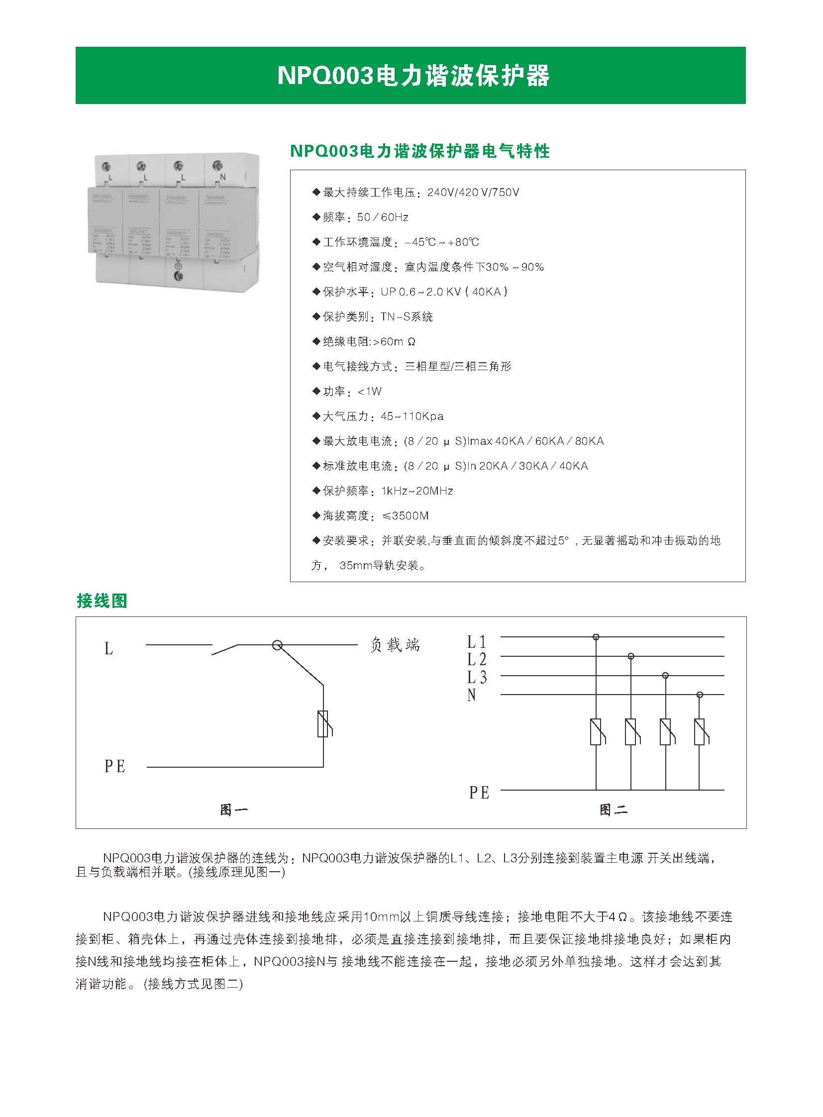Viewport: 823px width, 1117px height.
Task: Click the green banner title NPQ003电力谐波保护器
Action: click(413, 76)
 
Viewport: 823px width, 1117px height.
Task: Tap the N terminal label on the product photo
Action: click(223, 177)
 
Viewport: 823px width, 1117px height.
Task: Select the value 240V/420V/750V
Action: click(473, 193)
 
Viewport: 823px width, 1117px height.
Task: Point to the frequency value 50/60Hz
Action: click(383, 217)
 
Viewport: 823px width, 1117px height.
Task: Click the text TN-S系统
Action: click(407, 317)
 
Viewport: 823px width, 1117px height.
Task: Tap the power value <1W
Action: click(370, 392)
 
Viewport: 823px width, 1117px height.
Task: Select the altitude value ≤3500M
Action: click(405, 516)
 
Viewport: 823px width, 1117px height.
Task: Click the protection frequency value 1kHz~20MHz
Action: click(417, 491)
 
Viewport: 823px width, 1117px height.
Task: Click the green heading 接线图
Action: click(102, 601)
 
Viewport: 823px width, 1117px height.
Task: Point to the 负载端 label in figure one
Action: click(395, 645)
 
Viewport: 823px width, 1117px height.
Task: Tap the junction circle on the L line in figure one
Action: click(277, 646)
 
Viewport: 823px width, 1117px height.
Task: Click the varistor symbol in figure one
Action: click(323, 724)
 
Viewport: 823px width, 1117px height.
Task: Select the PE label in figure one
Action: click(114, 766)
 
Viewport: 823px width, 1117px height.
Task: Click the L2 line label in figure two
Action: click(476, 660)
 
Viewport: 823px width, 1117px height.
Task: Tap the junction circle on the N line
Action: click(700, 695)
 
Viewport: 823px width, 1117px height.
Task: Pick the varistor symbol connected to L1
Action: click(596, 732)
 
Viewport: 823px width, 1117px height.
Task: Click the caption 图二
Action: click(613, 810)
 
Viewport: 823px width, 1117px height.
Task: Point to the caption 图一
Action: click(234, 810)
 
